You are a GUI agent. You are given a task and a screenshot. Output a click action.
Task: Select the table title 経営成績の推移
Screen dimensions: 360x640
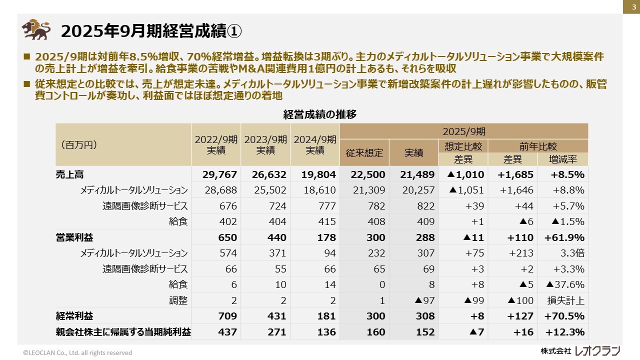[319, 114]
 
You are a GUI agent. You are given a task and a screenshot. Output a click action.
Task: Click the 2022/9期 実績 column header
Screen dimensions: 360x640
[215, 144]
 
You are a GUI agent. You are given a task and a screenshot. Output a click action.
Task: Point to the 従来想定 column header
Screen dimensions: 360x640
[364, 153]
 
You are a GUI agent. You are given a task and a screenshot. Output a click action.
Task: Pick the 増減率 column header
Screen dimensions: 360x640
[563, 159]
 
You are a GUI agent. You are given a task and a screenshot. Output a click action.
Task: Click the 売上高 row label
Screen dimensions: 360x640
[69, 174]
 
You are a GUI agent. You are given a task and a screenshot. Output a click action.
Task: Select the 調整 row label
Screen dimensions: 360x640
[178, 300]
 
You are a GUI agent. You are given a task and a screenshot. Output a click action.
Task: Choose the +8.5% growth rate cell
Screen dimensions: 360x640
[567, 174]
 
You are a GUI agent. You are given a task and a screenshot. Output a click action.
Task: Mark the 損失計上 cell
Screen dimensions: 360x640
[566, 300]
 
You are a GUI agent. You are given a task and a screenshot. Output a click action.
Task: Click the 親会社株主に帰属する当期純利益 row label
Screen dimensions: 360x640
[123, 332]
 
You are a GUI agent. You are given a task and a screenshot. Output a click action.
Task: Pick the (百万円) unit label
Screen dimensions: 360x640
[78, 145]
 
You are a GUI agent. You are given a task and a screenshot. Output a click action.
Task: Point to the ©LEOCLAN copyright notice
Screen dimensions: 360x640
[77, 352]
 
